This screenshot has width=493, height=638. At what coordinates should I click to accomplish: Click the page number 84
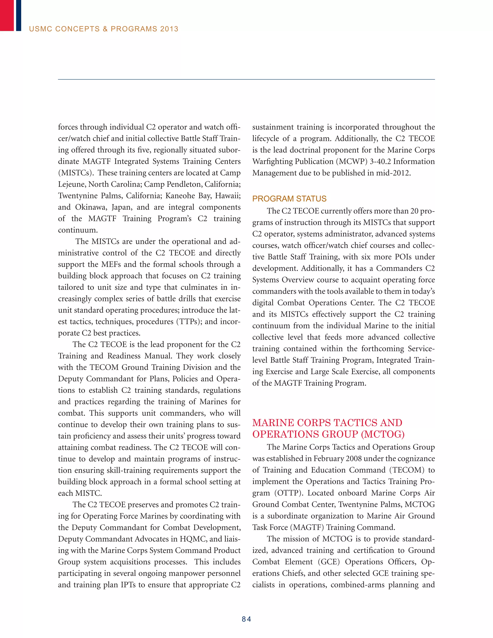pos(246,619)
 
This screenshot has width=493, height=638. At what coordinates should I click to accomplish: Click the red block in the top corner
pos(7,15)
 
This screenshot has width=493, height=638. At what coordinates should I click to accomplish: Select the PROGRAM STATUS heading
pos(289,199)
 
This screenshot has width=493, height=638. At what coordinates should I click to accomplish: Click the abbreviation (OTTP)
pos(288,493)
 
